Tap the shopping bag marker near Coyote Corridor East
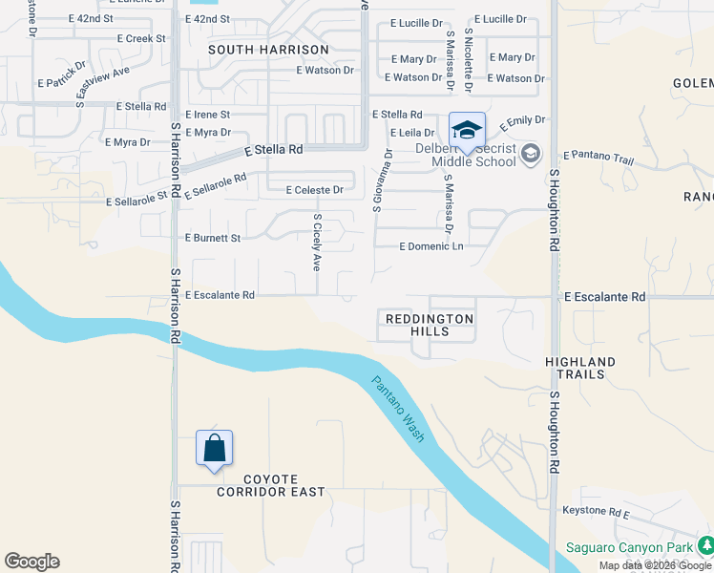214,448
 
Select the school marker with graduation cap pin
467,131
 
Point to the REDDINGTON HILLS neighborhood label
429,324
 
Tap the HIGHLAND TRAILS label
580,369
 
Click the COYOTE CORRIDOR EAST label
270,485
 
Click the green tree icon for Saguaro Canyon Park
705,545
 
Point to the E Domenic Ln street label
430,246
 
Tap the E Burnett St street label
213,237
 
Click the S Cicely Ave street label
317,242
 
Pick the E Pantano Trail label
598,155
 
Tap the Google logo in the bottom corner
31,562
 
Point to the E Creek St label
140,38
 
